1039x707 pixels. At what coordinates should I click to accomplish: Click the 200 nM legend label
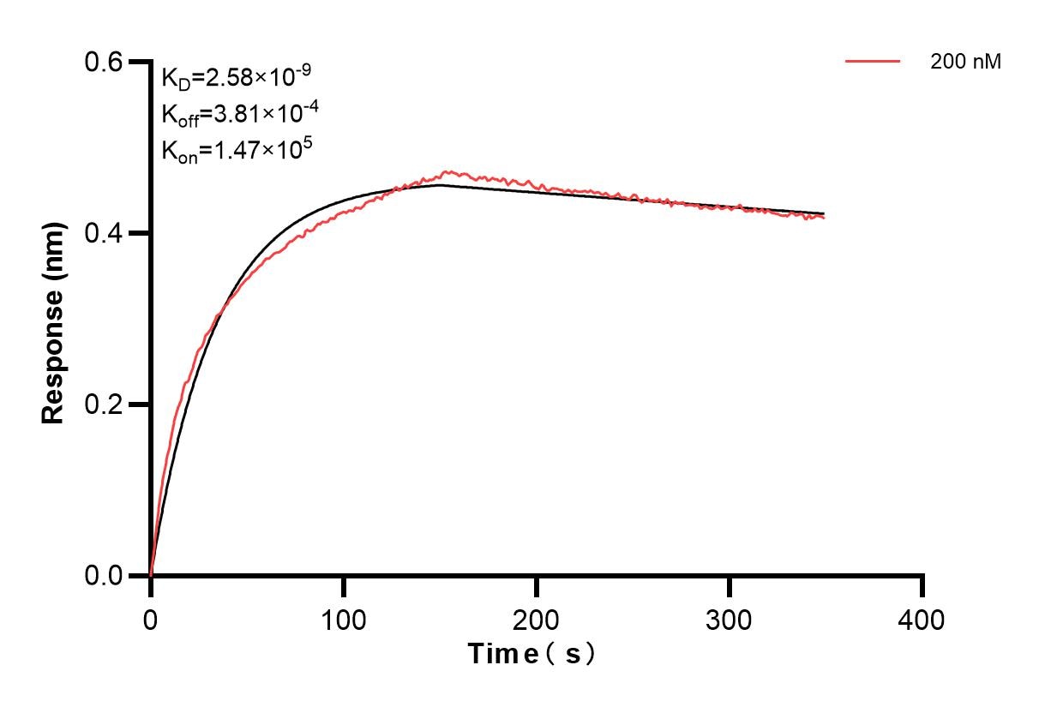(965, 62)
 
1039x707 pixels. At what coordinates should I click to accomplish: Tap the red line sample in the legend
(873, 62)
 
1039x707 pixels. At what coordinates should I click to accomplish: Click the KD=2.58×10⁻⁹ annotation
(236, 78)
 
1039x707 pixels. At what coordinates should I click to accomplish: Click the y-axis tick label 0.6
(103, 62)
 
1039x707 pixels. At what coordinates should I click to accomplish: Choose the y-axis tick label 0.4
(103, 233)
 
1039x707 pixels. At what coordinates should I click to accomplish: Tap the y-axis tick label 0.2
(103, 404)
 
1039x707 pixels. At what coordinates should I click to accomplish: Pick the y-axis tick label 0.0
(103, 575)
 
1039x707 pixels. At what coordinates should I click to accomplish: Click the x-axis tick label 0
(151, 619)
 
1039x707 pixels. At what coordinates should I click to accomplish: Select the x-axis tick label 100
(344, 619)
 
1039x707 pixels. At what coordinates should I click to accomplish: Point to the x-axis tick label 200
(537, 619)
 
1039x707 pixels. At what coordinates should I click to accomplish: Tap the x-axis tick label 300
(730, 619)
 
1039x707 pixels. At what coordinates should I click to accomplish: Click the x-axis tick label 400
(922, 619)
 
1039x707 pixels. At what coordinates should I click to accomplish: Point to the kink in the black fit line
(440, 184)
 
